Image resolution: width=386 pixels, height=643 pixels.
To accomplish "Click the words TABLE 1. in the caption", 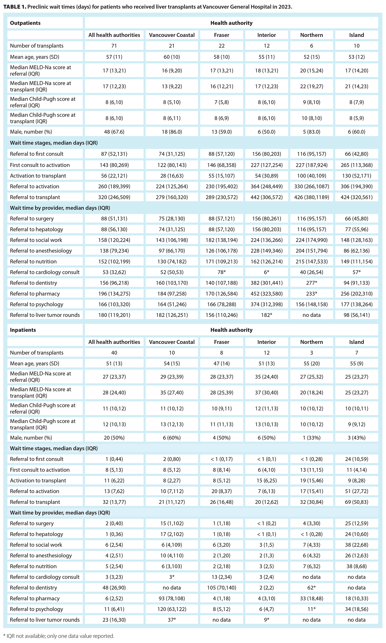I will [15, 7].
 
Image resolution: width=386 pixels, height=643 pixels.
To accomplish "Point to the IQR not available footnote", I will [58, 636].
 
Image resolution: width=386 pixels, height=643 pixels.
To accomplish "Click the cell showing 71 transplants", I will [114, 46].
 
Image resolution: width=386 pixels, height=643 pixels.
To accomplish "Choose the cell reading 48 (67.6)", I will [114, 132].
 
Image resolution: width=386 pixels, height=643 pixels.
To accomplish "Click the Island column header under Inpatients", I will [356, 342].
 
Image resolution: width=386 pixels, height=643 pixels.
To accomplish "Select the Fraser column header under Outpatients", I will [221, 35].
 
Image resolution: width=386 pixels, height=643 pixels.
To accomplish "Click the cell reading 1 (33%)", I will [311, 438].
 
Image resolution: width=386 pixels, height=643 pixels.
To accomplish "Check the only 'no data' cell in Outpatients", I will [311, 315].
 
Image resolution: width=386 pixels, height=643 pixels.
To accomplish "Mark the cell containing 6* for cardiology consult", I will [266, 272].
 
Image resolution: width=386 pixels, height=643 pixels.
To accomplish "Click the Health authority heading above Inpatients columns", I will [231, 330].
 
